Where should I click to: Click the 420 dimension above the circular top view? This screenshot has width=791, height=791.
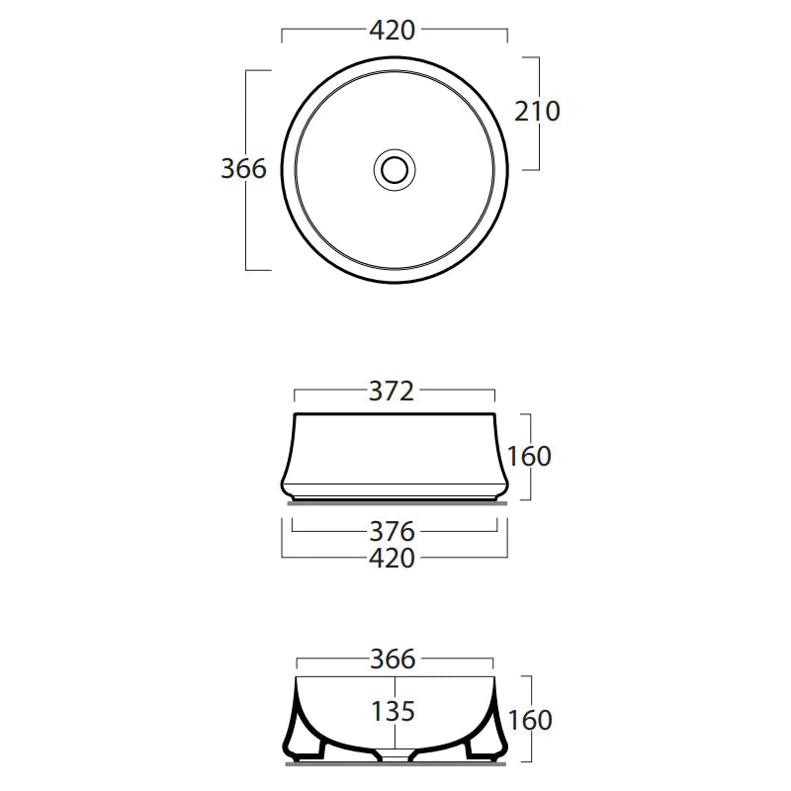393,31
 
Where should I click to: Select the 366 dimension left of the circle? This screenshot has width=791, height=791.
243,169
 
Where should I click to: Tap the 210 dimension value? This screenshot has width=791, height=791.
537,111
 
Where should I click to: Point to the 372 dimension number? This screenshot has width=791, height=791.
392,392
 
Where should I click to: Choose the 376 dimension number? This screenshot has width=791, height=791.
392,533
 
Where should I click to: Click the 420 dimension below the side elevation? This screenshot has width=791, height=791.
393,559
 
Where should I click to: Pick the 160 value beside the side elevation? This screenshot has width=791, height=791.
529,457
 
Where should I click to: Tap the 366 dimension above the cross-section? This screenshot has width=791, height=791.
393,659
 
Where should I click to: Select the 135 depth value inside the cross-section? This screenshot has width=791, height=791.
393,711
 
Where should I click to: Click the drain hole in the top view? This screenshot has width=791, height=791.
395,168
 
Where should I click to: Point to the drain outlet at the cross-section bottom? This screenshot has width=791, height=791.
395,756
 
